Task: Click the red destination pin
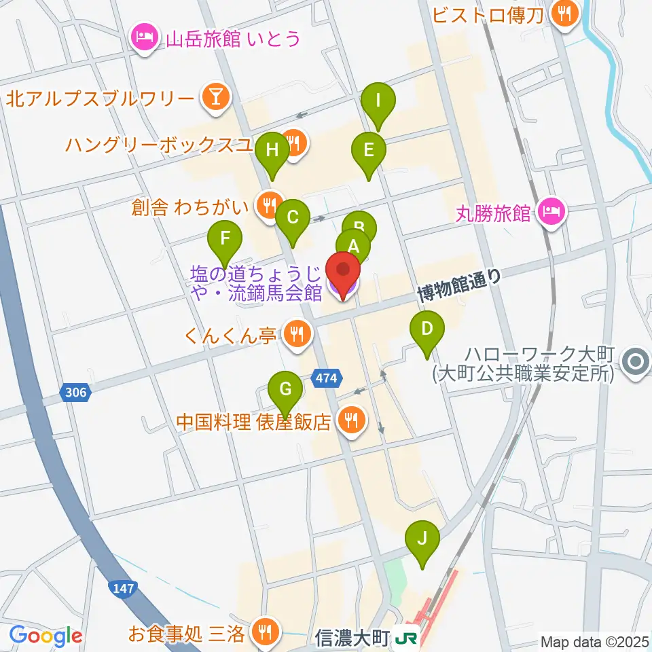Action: click(344, 274)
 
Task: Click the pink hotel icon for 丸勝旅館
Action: click(551, 213)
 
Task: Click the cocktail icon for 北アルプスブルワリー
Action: click(215, 99)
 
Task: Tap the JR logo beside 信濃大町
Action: click(407, 638)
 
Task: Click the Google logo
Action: click(46, 636)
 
